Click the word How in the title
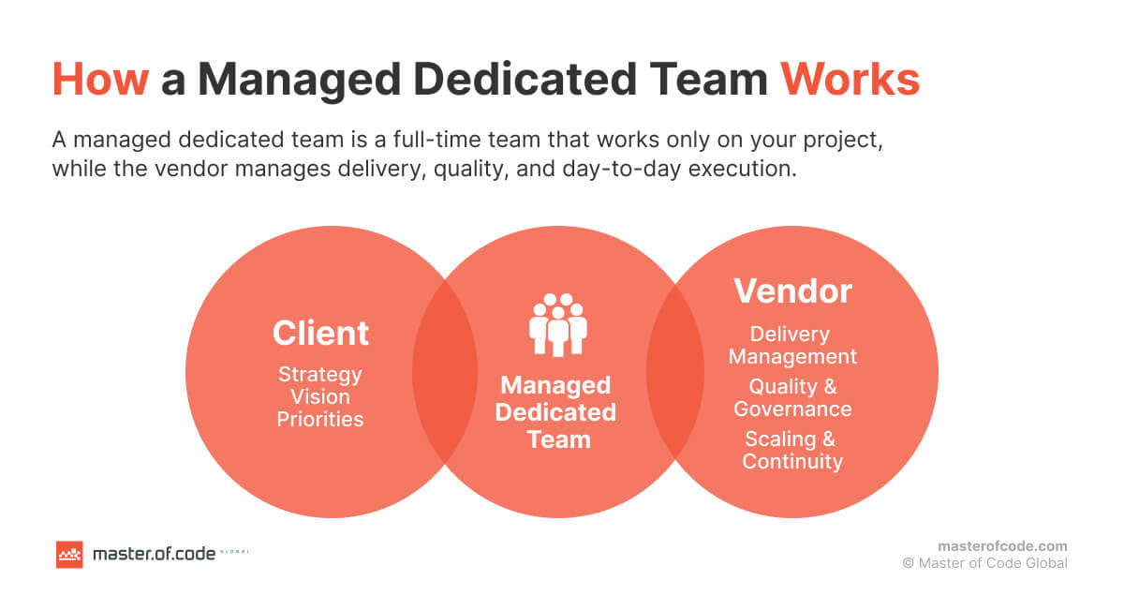[100, 81]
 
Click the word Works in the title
[850, 81]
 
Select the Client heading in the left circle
[320, 333]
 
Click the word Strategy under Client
[320, 374]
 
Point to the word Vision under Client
[320, 396]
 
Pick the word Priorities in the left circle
[320, 419]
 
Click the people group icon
[558, 325]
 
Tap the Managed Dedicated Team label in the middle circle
[556, 412]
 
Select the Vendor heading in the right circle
[792, 291]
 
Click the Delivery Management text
[792, 345]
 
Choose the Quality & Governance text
[792, 397]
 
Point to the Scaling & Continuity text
[792, 450]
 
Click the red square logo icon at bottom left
[69, 555]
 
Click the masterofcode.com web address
[1002, 546]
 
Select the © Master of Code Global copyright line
[984, 563]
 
